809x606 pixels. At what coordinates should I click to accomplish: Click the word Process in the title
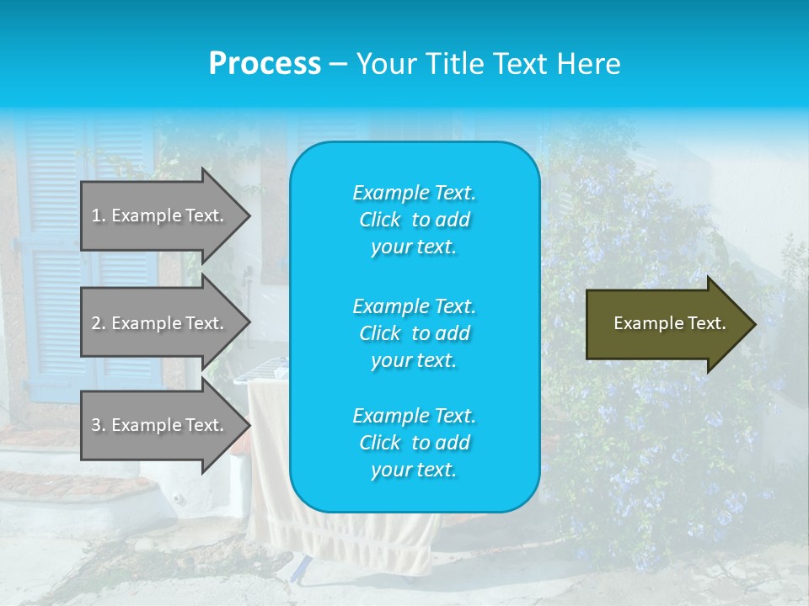point(265,63)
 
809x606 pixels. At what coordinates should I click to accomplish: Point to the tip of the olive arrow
point(753,324)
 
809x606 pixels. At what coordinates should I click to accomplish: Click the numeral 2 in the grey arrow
point(95,323)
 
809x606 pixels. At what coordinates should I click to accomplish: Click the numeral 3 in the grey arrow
point(95,425)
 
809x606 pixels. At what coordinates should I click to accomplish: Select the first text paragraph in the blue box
point(414,220)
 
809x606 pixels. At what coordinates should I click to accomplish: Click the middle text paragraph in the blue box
point(414,332)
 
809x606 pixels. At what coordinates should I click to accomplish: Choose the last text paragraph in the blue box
point(414,443)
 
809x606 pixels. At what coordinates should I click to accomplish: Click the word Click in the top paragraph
point(379,220)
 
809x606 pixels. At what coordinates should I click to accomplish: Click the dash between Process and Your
point(338,64)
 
